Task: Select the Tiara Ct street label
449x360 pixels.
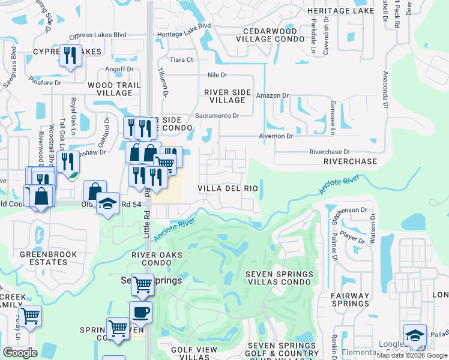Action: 181,60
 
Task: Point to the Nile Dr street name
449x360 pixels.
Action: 217,75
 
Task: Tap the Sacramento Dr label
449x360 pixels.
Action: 217,115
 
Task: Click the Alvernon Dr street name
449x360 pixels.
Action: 276,136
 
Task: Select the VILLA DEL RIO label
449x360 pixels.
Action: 228,188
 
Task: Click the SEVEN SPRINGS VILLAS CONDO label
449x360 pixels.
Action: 279,278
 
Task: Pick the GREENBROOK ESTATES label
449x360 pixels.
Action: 43,258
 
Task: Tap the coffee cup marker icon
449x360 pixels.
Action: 140,312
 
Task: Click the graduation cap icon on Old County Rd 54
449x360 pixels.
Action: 108,203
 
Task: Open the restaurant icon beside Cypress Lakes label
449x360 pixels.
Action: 70,56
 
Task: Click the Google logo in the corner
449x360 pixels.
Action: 20,353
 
